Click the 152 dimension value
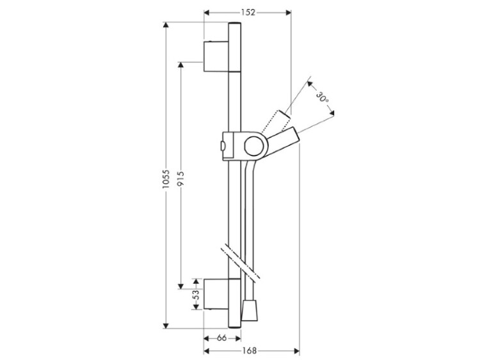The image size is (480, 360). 248,12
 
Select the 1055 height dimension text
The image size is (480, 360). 166,179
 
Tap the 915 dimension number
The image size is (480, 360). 180,178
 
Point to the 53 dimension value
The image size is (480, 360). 196,294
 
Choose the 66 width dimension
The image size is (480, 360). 221,338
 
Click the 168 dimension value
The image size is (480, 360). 250,351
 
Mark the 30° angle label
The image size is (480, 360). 322,97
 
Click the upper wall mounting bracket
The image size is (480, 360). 216,56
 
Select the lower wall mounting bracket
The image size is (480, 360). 216,294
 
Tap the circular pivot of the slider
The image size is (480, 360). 256,145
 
